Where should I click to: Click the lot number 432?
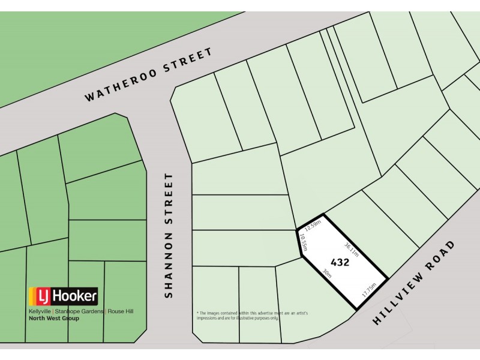[340, 262]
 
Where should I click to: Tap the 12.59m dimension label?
[313, 226]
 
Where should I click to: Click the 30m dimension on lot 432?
[327, 276]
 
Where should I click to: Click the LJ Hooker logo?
[63, 296]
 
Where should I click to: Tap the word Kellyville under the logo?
[40, 311]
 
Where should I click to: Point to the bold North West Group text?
[53, 318]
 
